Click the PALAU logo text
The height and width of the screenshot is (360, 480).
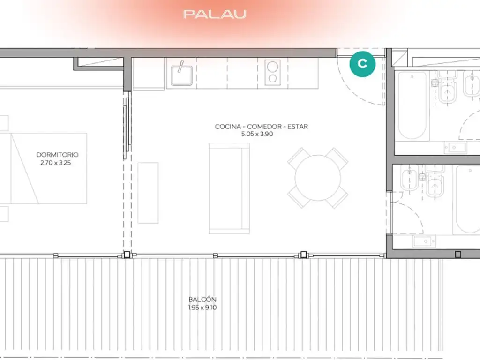(215, 14)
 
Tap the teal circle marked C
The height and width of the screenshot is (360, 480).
(362, 64)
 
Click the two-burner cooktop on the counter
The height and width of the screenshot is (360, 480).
(272, 72)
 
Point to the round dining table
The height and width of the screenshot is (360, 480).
(318, 178)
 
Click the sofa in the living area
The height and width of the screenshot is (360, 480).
(229, 188)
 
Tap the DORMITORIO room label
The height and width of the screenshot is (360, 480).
(57, 155)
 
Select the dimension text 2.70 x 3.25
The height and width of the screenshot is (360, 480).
(56, 163)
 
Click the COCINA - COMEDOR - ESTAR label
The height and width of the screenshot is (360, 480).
(262, 127)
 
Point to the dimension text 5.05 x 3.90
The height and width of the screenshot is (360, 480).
(257, 134)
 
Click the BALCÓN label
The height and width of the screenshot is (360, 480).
(202, 299)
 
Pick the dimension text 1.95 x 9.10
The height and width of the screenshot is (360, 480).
(202, 307)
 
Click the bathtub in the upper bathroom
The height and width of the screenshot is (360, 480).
(412, 105)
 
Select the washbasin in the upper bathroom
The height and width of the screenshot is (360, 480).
(455, 148)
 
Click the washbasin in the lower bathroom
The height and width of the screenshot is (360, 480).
(424, 241)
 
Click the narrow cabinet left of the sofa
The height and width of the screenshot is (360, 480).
(148, 193)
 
